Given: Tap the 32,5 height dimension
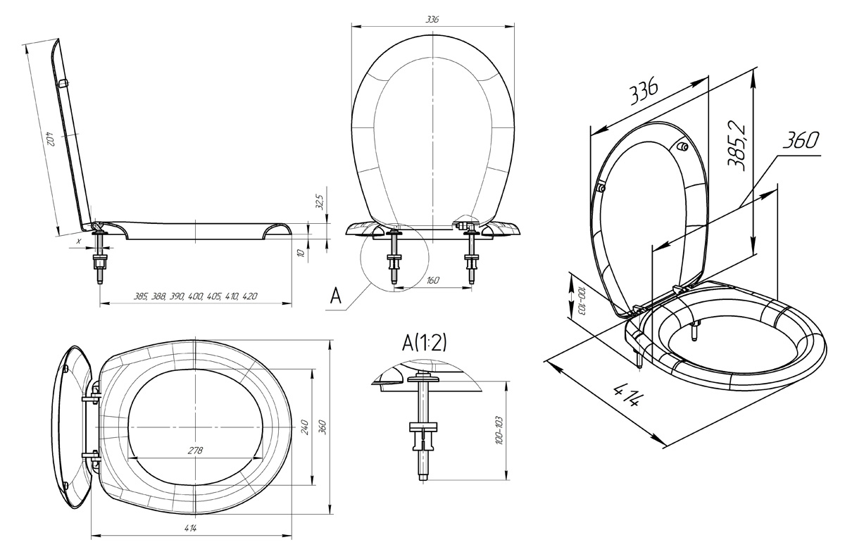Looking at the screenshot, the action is pos(320,202).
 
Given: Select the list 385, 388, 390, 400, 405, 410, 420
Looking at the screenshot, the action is pos(196,296).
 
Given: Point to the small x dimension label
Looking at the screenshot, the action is pos(78,241).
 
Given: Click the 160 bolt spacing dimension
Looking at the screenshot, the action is pos(432,280).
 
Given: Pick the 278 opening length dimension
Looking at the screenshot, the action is pos(196,451).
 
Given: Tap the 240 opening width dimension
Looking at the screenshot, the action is pos(305,427).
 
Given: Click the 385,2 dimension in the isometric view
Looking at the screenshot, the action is pos(737,146).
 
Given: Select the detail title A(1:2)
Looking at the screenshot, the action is pos(425,343).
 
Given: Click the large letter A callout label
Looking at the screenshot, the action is pos(335,296).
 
